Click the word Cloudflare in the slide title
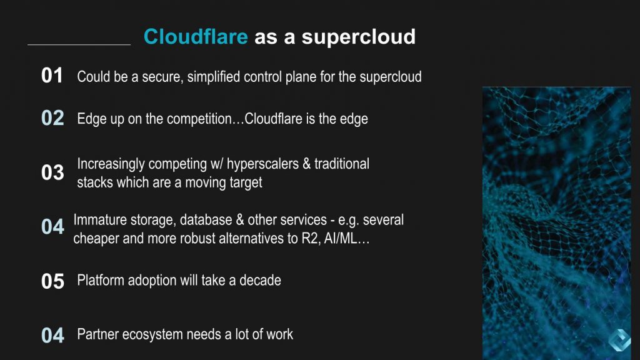click(x=196, y=37)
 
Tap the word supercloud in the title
click(x=359, y=37)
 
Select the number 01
click(x=52, y=76)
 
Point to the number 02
click(x=52, y=118)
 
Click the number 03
click(x=52, y=172)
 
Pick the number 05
click(x=52, y=281)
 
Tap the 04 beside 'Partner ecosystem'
click(x=52, y=336)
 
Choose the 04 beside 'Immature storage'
click(x=52, y=227)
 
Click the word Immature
click(x=99, y=220)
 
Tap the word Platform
click(x=100, y=280)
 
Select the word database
click(x=208, y=220)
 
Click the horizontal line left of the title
click(x=79, y=44)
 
